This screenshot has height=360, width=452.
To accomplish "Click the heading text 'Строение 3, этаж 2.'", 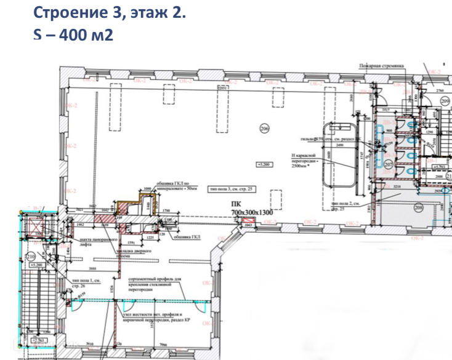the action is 108,12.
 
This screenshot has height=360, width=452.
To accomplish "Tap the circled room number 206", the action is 265,129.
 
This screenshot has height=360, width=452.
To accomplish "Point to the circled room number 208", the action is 419,207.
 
